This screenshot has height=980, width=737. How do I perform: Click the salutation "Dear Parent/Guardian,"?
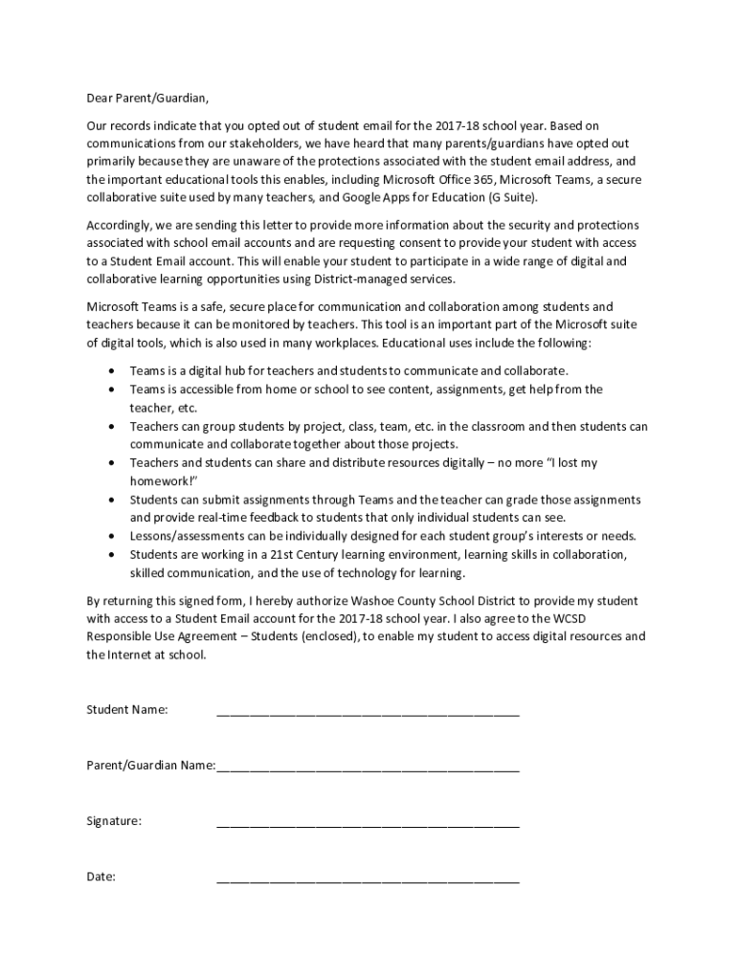[147, 98]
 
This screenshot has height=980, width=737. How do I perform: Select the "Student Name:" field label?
[127, 710]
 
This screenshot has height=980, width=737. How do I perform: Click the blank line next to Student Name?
[368, 713]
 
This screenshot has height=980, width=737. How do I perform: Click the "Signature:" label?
[115, 821]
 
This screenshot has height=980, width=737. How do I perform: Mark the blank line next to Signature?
[368, 824]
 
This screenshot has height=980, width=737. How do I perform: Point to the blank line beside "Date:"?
[368, 880]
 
